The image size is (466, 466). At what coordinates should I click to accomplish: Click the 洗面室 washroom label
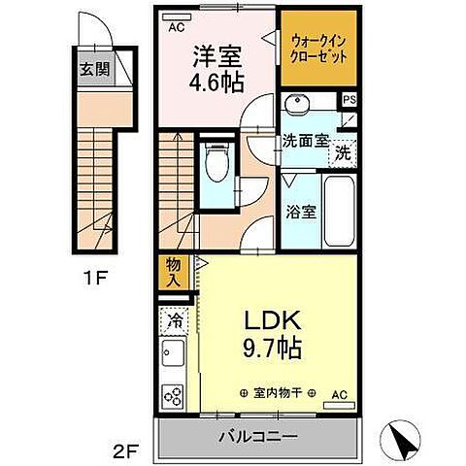303,139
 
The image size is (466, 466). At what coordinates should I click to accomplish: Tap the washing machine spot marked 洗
343,152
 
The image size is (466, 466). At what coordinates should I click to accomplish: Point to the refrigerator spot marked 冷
176,316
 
